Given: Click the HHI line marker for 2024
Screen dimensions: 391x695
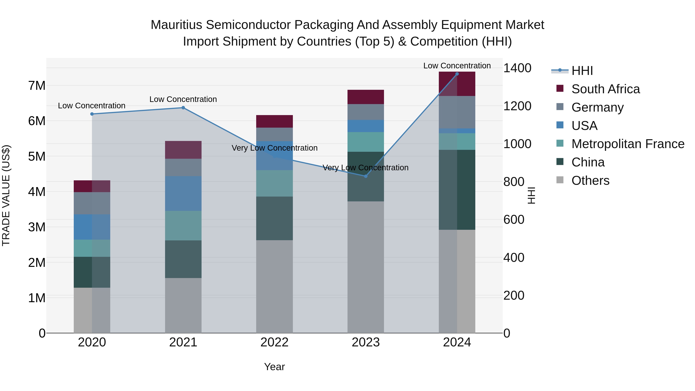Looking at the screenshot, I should click(457, 74).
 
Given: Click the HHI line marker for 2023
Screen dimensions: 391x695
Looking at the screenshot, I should click(366, 176).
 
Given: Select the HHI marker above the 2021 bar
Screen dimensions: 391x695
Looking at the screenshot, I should click(183, 108).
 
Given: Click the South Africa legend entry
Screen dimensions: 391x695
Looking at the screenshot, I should click(605, 89).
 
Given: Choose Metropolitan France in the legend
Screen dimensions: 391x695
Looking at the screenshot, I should click(628, 144).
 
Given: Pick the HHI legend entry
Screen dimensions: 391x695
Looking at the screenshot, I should click(582, 71).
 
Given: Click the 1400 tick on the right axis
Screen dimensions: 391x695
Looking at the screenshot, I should click(517, 68).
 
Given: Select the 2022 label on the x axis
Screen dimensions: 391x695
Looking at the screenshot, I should click(274, 342).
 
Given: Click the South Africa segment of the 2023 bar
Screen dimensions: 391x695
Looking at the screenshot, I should click(366, 97).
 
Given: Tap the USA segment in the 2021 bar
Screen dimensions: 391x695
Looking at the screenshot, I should click(183, 193).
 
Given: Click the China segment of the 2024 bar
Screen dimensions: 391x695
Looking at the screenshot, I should click(457, 189).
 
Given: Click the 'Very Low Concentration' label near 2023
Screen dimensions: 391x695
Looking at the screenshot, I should click(366, 168).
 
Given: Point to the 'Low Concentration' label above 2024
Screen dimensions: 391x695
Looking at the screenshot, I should click(457, 66).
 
